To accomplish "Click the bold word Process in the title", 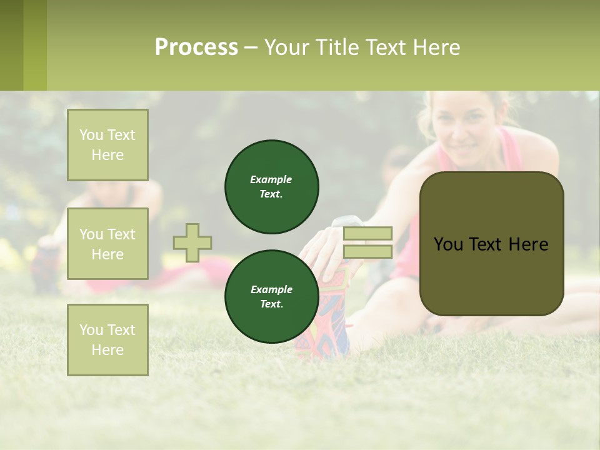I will pos(196,47).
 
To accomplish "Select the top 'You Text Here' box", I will pos(107,145).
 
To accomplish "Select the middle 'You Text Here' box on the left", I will pos(107,244).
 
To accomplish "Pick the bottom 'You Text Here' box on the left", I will pos(107,339).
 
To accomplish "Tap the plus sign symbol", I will pos(192,242).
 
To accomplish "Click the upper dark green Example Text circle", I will pos(272,187).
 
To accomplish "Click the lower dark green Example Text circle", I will pos(272,297).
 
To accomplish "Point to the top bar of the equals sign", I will pos(367,233).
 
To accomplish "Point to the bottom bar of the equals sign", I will pos(367,252).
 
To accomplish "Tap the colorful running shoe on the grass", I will pos(325,319).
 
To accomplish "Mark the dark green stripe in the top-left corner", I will pos(11,45).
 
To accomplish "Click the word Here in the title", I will pos(435,47).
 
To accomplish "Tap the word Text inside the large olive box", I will pos(491,244).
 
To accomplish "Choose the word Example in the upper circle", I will pos(271,179).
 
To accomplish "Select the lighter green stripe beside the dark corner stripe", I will pos(35,45).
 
